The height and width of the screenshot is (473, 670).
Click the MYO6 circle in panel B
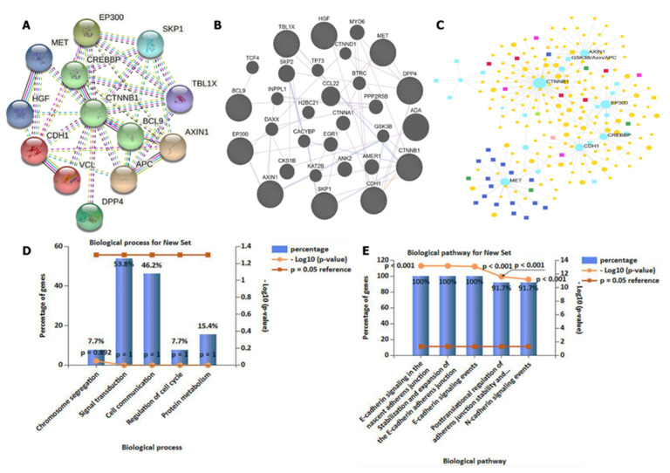tap(356, 33)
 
